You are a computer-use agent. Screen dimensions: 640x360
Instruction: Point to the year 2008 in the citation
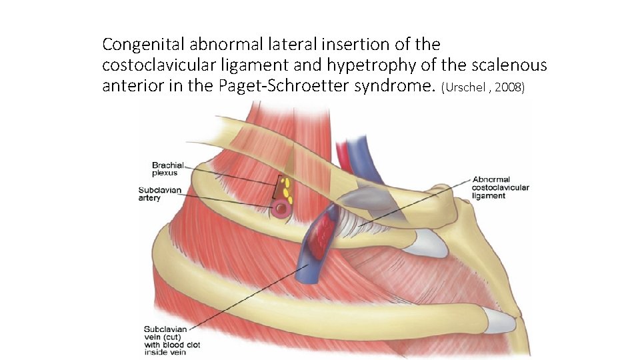(x=510, y=88)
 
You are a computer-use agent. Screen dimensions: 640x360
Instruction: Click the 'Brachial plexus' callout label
(x=167, y=169)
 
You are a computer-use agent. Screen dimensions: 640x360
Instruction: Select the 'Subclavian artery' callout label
(x=159, y=193)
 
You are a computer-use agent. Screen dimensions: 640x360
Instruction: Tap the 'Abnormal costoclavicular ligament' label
(x=501, y=187)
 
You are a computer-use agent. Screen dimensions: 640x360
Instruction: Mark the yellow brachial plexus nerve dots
(x=287, y=188)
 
